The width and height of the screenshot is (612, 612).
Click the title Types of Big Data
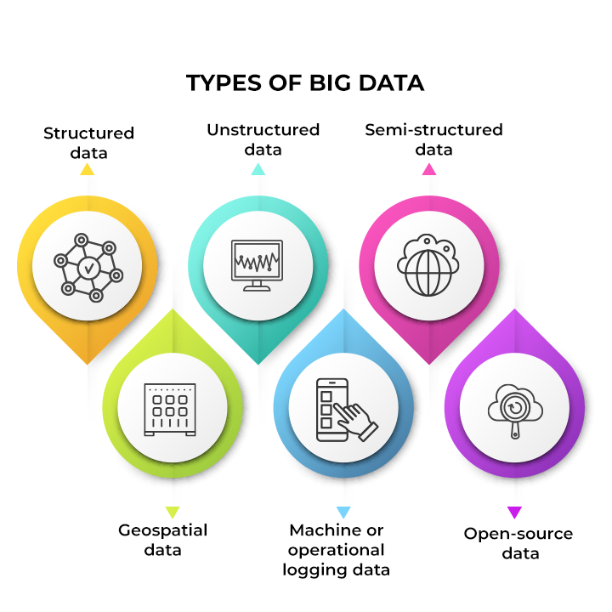pyautogui.click(x=305, y=82)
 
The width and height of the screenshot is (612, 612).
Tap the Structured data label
pyautogui.click(x=88, y=143)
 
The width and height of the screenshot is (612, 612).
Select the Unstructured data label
pyautogui.click(x=263, y=139)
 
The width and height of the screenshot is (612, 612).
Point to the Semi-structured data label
pyautogui.click(x=433, y=139)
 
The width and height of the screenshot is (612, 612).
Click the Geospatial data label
pyautogui.click(x=162, y=540)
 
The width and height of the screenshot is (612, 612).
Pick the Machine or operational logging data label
pyautogui.click(x=336, y=550)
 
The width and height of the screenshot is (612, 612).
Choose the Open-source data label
pyautogui.click(x=518, y=543)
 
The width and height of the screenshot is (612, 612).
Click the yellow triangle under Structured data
pyautogui.click(x=87, y=169)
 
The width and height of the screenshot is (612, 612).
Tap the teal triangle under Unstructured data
pyautogui.click(x=258, y=169)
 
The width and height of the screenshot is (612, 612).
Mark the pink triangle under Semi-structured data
pyautogui.click(x=429, y=169)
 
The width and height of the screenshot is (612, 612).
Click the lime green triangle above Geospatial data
pyautogui.click(x=172, y=512)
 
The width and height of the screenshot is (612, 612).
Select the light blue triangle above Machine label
pyautogui.click(x=343, y=512)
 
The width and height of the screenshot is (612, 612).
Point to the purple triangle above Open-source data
pyautogui.click(x=514, y=512)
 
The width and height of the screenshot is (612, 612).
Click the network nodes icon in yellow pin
pyautogui.click(x=88, y=268)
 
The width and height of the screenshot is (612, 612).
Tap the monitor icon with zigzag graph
pyautogui.click(x=257, y=265)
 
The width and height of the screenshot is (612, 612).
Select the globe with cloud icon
pyautogui.click(x=428, y=265)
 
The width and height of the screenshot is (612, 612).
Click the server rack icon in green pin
pyautogui.click(x=170, y=410)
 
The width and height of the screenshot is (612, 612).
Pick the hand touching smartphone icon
pyautogui.click(x=347, y=410)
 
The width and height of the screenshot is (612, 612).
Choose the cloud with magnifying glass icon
pyautogui.click(x=515, y=411)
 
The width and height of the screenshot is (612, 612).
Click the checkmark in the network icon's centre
pyautogui.click(x=89, y=268)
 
